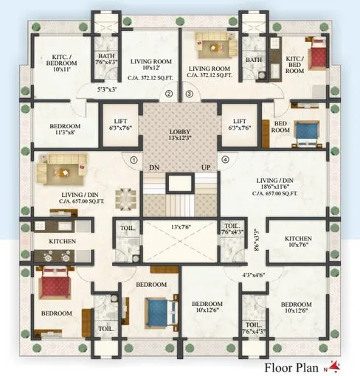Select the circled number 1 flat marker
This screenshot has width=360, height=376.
pyautogui.click(x=134, y=159)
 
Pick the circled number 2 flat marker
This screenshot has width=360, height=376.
pyautogui.click(x=168, y=94)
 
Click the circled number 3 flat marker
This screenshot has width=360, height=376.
pyautogui.click(x=189, y=94)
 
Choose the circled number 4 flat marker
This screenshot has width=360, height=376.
pyautogui.click(x=225, y=159)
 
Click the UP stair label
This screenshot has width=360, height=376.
pyautogui.click(x=207, y=167)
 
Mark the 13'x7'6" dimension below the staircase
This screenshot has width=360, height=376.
pyautogui.click(x=179, y=227)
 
